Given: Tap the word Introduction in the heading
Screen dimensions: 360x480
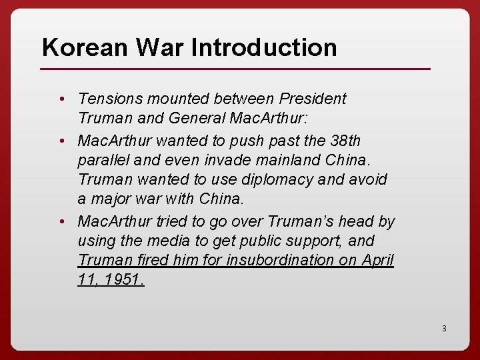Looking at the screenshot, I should pos(264,47).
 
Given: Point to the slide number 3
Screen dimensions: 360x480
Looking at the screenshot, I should pos(443,328).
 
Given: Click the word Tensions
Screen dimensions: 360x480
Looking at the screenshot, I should pos(109,99).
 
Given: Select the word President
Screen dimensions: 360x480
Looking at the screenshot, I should pos(313,99).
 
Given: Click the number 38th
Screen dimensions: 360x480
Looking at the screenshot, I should pos(345,141).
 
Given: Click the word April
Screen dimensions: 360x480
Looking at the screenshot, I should pos(377,260).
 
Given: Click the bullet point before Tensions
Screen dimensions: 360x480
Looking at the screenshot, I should pos(61,99).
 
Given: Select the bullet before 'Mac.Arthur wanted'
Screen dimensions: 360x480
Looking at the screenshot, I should pos(61,141).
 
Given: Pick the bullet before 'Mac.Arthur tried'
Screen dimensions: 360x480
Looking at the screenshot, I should pos(61,221).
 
